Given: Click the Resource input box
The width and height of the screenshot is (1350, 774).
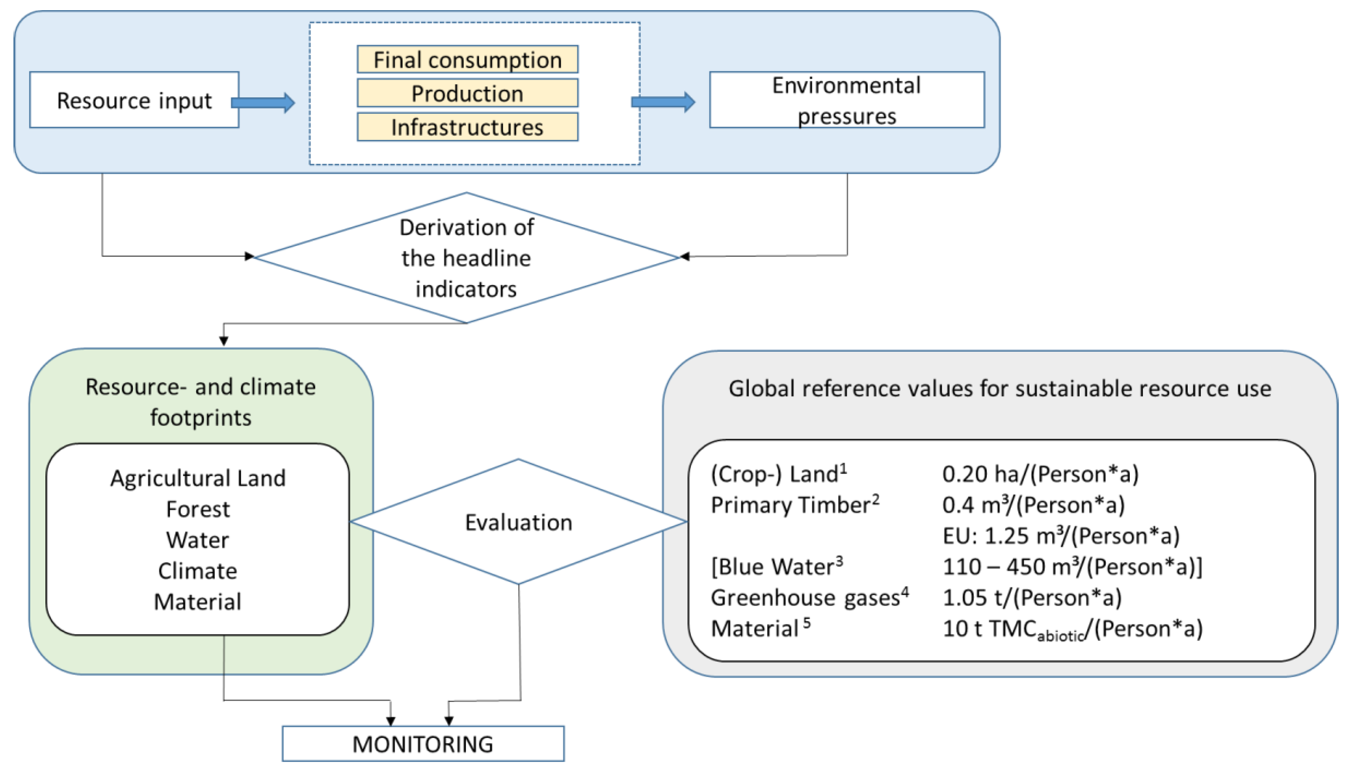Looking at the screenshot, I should pyautogui.click(x=134, y=100).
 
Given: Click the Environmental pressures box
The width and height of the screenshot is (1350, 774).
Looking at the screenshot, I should pyautogui.click(x=846, y=100).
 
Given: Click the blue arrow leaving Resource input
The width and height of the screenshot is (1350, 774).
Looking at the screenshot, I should pyautogui.click(x=263, y=103).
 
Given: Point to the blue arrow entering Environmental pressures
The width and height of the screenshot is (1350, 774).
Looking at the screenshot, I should pyautogui.click(x=663, y=102).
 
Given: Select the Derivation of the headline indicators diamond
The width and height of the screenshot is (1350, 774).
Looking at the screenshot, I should pyautogui.click(x=466, y=258).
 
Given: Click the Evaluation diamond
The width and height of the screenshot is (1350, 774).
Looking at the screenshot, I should pyautogui.click(x=519, y=522).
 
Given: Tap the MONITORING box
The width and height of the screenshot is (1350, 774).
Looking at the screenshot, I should pyautogui.click(x=423, y=744).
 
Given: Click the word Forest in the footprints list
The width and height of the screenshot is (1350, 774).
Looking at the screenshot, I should pyautogui.click(x=198, y=509).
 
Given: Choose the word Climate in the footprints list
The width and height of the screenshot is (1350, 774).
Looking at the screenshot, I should pyautogui.click(x=198, y=571).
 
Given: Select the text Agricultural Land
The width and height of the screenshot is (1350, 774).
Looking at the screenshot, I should pyautogui.click(x=198, y=478).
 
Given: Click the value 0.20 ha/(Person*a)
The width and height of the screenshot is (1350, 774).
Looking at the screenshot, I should pyautogui.click(x=1040, y=474).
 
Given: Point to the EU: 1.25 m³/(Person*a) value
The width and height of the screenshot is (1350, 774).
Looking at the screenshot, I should pyautogui.click(x=1061, y=536).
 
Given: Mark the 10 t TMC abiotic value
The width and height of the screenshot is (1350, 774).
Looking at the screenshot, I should pyautogui.click(x=1072, y=629).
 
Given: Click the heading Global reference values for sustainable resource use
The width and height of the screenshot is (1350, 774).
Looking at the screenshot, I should pyautogui.click(x=1000, y=389).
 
